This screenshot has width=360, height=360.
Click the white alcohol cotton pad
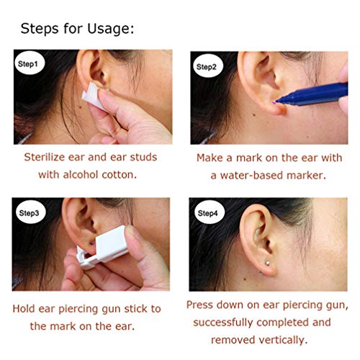92,98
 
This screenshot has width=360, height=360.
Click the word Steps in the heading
40,30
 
